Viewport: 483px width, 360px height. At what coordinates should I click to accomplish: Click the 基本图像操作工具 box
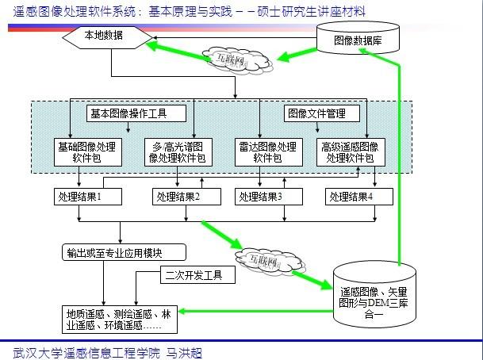tap(127, 113)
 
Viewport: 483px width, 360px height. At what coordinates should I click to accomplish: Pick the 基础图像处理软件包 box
tap(88, 151)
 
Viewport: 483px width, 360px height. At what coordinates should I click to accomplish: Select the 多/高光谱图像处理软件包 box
tap(179, 151)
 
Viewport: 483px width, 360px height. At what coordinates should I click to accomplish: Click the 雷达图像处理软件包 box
tap(268, 151)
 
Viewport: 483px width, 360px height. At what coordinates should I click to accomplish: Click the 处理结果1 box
tap(89, 196)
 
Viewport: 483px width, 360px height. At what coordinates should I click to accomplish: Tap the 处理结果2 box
tap(178, 196)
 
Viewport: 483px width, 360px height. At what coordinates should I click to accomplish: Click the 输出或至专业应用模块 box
tap(123, 253)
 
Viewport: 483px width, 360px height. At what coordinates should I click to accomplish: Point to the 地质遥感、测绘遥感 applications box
tap(121, 318)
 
